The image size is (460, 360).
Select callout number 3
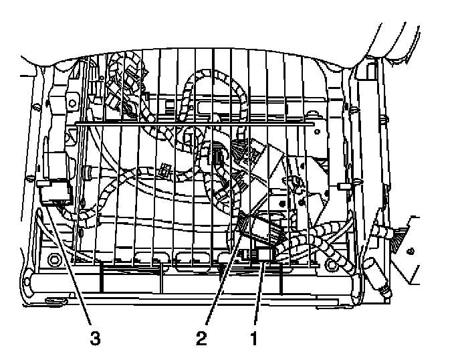[x=96, y=339]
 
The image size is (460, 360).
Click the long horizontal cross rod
[x=194, y=124]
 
